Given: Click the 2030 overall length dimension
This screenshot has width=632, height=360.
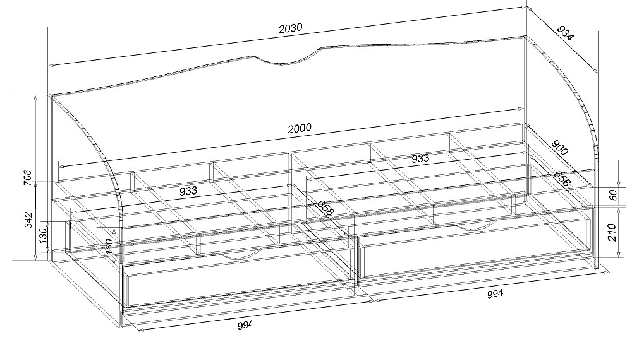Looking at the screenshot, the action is (x=290, y=28).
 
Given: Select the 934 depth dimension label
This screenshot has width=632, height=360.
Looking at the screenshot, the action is (x=565, y=33).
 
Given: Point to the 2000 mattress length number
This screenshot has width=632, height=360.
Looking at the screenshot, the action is (x=300, y=128).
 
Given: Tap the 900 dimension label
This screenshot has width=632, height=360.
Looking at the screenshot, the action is (x=559, y=147).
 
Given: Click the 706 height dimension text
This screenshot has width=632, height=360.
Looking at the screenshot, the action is (x=27, y=177).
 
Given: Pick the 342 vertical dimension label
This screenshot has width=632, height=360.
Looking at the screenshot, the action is (x=28, y=219).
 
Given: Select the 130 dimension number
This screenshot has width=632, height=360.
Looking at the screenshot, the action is (x=43, y=235).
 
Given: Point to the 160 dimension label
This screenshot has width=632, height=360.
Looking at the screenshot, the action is (x=108, y=247).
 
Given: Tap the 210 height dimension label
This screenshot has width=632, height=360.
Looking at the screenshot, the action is (x=612, y=233).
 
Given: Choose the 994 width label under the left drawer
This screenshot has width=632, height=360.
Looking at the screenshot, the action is (x=245, y=324).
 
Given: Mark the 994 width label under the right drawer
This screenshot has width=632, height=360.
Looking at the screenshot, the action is (x=495, y=294).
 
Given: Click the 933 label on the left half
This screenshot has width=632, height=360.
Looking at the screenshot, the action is (x=188, y=190).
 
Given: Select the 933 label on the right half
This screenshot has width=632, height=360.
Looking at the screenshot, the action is (x=420, y=159).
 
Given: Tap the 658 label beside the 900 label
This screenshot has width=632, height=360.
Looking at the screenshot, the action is (x=562, y=178).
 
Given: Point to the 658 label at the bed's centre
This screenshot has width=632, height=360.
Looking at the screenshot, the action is (x=325, y=208).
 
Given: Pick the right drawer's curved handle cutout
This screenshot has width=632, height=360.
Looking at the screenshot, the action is (x=476, y=227).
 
